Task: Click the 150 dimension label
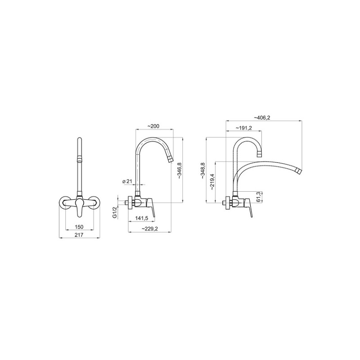(x=79, y=227)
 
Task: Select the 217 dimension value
(x=79, y=235)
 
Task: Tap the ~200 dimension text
(x=153, y=126)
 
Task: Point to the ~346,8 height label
(x=180, y=171)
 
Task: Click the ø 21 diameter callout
(x=128, y=181)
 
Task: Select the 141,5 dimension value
(x=141, y=218)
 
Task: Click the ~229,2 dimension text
(x=149, y=229)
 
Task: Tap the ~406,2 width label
(x=262, y=117)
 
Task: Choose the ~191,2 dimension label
(x=244, y=128)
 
